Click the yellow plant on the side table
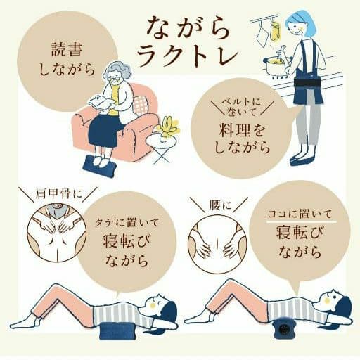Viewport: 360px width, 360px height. click(x=169, y=127)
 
